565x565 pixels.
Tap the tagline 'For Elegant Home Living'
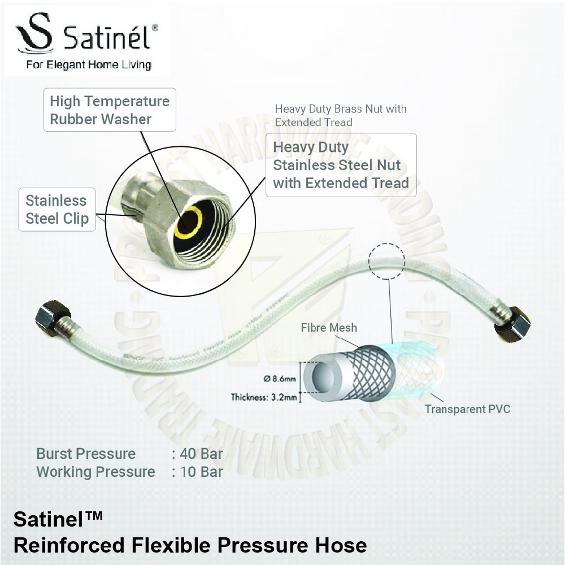point(89,64)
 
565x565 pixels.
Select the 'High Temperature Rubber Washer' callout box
point(110,110)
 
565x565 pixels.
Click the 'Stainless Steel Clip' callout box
point(57,210)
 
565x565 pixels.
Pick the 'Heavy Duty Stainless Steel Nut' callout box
point(341,165)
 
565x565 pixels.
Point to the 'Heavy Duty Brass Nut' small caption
point(341,115)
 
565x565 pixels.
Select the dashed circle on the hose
point(386,261)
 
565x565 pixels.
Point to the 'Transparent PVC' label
point(467,409)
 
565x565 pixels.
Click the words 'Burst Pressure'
point(86,454)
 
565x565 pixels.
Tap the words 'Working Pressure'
point(95,472)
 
